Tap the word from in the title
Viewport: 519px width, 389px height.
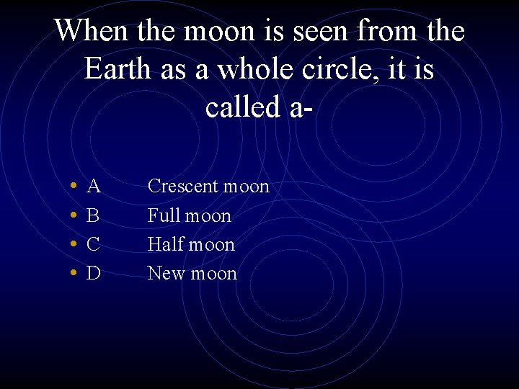[383, 31]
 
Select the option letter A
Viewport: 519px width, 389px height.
[93, 187]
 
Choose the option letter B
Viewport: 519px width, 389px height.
[93, 216]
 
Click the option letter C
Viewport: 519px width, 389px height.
[93, 245]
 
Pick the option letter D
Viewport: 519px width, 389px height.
[93, 274]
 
